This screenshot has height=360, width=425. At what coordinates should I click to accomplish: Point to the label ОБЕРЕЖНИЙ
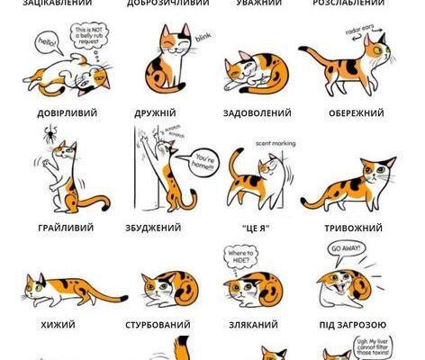pos(356,113)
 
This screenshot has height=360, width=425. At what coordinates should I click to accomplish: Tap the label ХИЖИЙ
pos(58,323)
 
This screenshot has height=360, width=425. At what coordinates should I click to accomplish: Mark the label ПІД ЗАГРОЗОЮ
pos(354,323)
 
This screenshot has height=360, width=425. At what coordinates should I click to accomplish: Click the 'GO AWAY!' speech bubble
pos(342,248)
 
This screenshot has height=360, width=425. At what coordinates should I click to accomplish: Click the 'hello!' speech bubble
pos(45,42)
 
